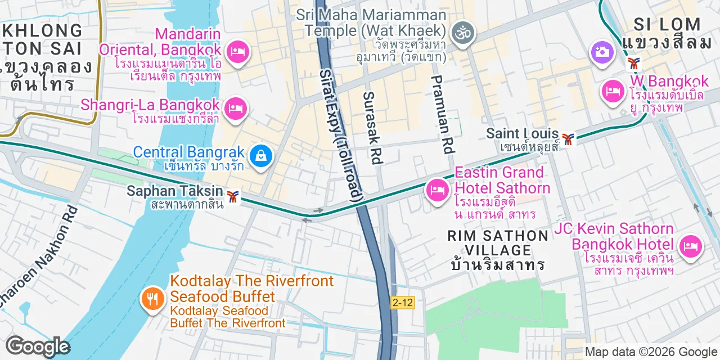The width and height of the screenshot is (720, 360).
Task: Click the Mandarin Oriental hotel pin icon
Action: (237, 53)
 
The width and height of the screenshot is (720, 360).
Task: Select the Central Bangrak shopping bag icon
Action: (262, 155)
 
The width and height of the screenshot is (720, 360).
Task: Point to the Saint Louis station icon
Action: (568, 138)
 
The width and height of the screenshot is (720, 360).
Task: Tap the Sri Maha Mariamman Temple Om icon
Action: (464, 33)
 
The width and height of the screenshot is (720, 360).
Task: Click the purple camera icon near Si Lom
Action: (601, 52)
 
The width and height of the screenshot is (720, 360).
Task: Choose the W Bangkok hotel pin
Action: (613, 91)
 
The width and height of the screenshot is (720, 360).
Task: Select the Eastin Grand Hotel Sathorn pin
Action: (437, 190)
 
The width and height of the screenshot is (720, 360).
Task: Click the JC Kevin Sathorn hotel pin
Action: (691, 246)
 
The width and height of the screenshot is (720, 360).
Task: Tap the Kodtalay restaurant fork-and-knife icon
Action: (152, 297)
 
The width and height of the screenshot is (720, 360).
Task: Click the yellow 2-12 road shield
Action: (402, 303)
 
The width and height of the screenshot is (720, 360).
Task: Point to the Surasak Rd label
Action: (372, 128)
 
